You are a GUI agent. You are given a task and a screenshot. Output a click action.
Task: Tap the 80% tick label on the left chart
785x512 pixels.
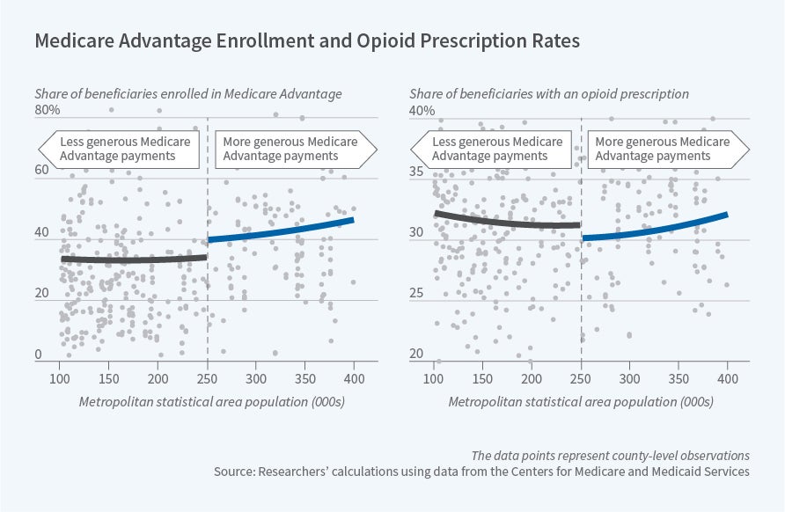pos(47,111)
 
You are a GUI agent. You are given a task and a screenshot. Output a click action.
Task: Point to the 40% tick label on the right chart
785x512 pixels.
pos(421,111)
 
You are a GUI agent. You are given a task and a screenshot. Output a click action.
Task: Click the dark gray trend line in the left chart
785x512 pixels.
pos(132,260)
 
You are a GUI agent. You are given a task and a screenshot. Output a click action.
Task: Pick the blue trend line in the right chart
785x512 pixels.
pos(656,228)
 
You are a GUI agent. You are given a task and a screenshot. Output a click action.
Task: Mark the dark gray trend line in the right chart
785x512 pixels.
pos(506,222)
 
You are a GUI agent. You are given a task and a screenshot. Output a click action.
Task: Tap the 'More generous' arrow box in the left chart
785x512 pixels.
pos(290,149)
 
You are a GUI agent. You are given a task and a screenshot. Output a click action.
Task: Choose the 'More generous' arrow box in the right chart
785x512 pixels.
pos(664,149)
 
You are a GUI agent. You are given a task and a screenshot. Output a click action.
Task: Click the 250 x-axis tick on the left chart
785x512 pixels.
pos(208,378)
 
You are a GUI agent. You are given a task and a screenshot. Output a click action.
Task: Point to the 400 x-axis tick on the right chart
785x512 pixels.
pos(728,378)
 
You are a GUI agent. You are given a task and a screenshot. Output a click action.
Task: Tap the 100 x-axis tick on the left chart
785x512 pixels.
pos(60,378)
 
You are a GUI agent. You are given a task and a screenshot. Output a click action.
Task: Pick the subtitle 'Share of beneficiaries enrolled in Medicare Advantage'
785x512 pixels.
pos(188,93)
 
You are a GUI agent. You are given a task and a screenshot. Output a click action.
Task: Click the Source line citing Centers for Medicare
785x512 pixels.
pos(482,472)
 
